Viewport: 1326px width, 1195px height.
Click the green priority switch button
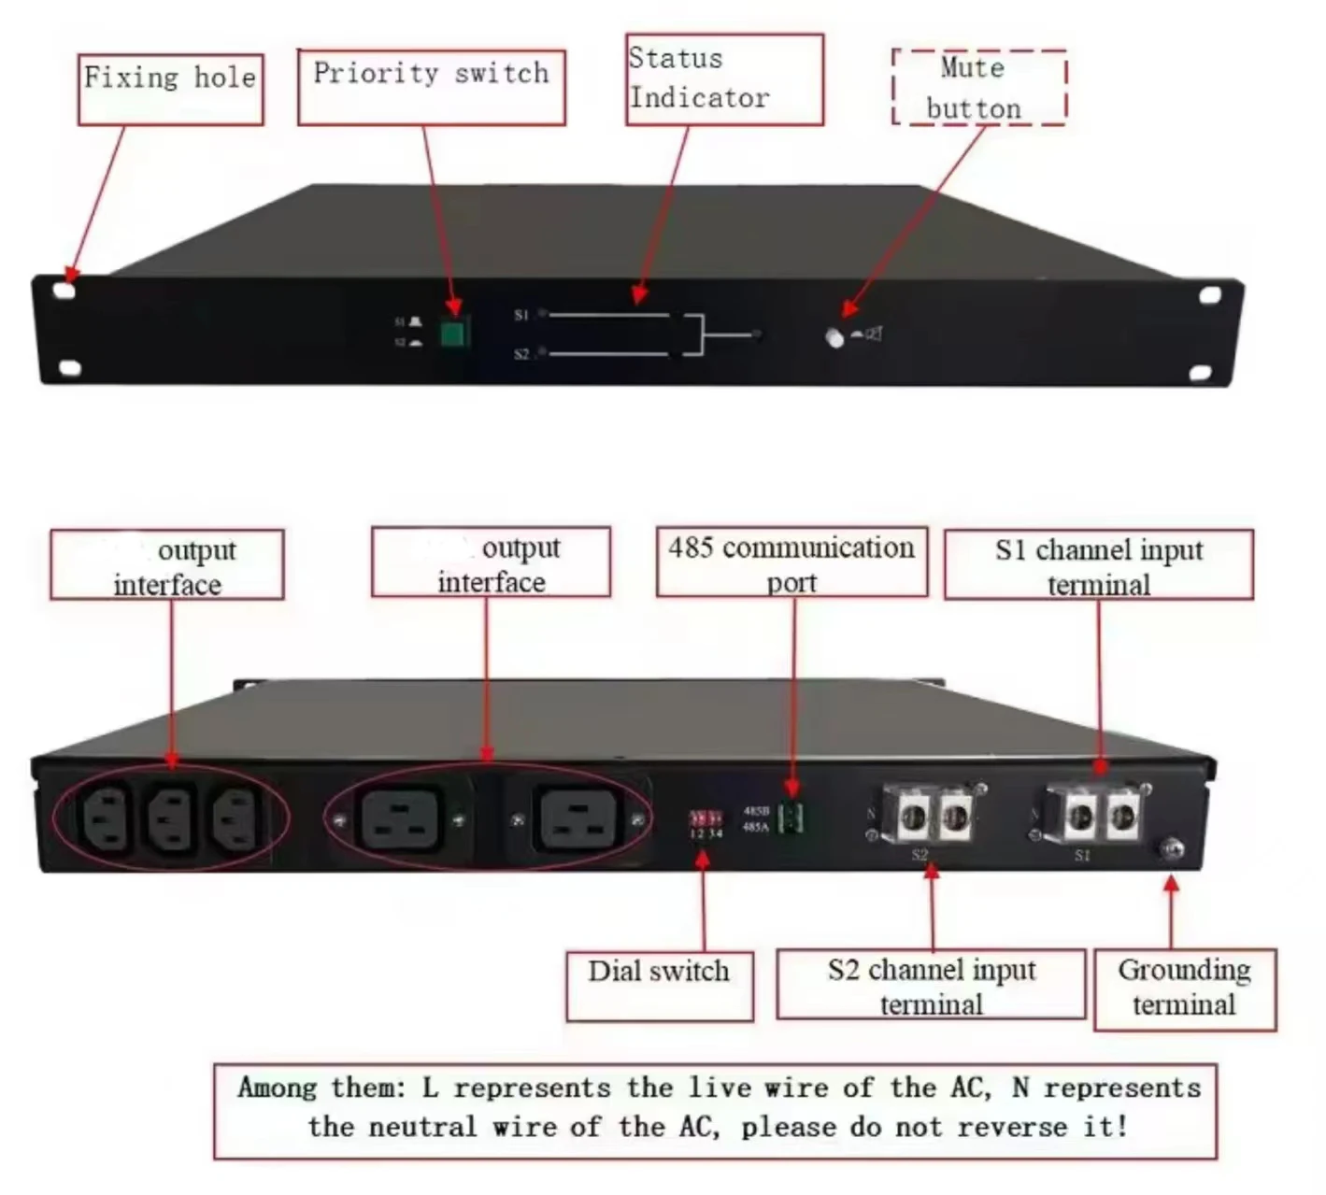(x=453, y=333)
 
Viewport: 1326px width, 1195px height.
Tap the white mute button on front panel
(x=834, y=337)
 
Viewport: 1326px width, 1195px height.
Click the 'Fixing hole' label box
(x=170, y=89)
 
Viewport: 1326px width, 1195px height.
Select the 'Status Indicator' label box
(x=724, y=79)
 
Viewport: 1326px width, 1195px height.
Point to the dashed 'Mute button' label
(x=978, y=87)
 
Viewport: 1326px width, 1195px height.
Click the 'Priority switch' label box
(x=431, y=87)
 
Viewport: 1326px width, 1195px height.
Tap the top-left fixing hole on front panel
(x=64, y=291)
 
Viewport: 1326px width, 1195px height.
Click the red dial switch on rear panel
(x=706, y=818)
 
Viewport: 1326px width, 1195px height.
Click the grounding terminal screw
(x=1171, y=848)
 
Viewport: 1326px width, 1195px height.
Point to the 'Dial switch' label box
(x=659, y=986)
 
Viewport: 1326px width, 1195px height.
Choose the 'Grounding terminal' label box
(x=1184, y=989)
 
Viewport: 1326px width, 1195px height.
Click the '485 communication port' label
(x=791, y=562)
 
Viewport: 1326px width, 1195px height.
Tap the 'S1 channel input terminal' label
(x=1098, y=565)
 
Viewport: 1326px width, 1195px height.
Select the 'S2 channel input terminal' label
(x=931, y=985)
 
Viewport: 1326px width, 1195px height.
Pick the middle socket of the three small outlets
(x=171, y=818)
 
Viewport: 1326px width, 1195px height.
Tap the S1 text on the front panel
(x=521, y=316)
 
